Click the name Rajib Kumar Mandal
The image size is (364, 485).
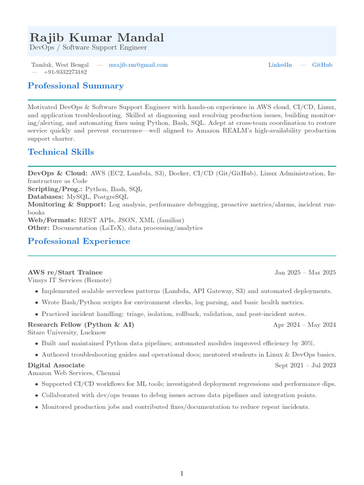coord(97,38)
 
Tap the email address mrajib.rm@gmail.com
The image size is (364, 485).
coord(138,65)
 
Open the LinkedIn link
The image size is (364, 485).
coord(280,65)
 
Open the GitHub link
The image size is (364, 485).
coord(322,65)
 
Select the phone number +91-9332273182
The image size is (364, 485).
coord(65,72)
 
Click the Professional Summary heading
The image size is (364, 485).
coord(76,86)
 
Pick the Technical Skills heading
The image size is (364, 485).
coord(61,152)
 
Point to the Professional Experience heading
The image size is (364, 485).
coord(79,241)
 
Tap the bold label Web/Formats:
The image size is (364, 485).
coord(52,220)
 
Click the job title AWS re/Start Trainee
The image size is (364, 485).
coord(65,272)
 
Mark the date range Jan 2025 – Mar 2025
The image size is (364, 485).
coord(305,272)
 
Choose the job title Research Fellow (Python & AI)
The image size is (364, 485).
coord(81,325)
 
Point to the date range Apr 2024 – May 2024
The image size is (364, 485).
coord(305,325)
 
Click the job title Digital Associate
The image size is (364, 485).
coord(56,365)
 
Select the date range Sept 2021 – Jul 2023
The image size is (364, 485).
coord(306,365)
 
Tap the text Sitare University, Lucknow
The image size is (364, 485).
coord(67,332)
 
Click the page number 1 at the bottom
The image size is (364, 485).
coord(182,473)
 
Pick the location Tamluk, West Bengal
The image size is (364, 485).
coord(60,65)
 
